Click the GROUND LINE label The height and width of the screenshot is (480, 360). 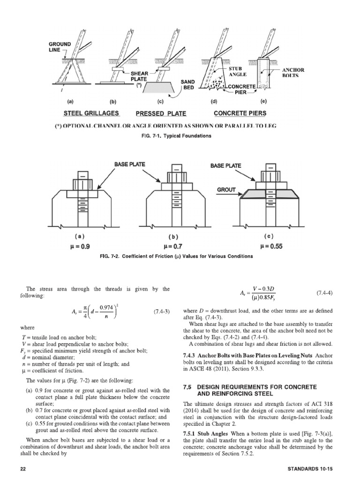tap(60, 47)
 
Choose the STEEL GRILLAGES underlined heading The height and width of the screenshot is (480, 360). tap(91, 113)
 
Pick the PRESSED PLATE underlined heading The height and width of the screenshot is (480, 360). tap(161, 113)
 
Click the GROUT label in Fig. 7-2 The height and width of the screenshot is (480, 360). tap(225, 191)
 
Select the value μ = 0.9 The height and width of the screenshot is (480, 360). tap(81, 246)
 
